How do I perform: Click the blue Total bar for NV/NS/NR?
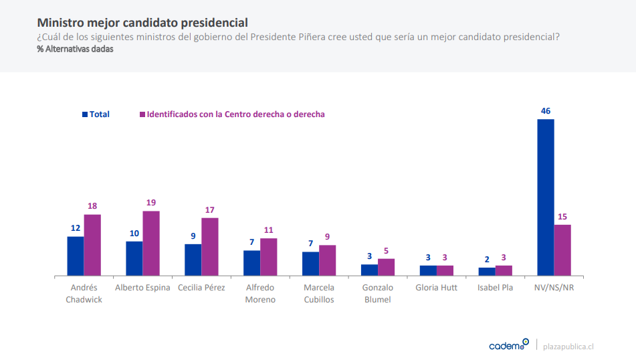tap(546, 197)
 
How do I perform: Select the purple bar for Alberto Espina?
tap(151, 244)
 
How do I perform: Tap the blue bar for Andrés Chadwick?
tap(75, 256)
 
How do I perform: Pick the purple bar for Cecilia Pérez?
tap(210, 247)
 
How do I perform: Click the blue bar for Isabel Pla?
tap(487, 272)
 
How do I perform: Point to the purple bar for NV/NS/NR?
tap(562, 250)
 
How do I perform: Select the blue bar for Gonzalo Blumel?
tap(369, 270)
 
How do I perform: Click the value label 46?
tap(546, 111)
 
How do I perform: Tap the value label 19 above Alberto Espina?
tap(151, 203)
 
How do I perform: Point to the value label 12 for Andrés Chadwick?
tap(75, 228)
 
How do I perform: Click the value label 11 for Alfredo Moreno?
tap(269, 230)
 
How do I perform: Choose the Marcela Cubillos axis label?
tap(318, 293)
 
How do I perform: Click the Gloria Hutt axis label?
tap(436, 288)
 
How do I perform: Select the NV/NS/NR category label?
tap(554, 288)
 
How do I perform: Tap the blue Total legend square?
tap(85, 114)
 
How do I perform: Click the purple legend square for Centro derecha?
tap(142, 114)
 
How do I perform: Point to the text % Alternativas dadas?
tap(75, 50)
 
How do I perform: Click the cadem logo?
tap(508, 345)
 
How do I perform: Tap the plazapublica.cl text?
tap(568, 346)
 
